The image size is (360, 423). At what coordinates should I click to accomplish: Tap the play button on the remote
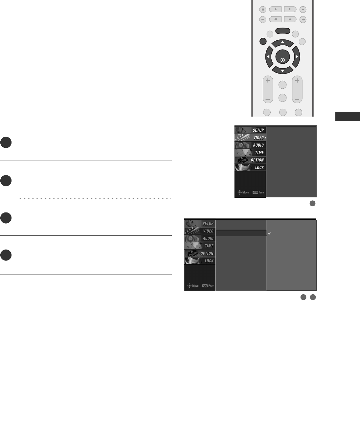pyautogui.click(x=276, y=10)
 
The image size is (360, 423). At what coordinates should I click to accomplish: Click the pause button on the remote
pyautogui.click(x=290, y=10)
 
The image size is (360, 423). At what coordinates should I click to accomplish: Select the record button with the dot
pyautogui.click(x=303, y=10)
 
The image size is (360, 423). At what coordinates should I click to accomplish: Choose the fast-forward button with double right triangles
pyautogui.click(x=290, y=19)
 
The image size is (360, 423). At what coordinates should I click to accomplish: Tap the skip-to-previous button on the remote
pyautogui.click(x=263, y=19)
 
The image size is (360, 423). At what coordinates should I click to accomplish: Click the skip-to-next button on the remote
pyautogui.click(x=303, y=19)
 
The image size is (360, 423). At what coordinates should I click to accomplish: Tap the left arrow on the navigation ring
pyautogui.click(x=268, y=57)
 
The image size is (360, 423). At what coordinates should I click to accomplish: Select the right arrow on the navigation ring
pyautogui.click(x=297, y=57)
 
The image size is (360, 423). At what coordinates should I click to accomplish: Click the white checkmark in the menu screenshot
pyautogui.click(x=269, y=233)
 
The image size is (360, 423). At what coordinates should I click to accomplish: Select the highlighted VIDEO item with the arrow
pyautogui.click(x=250, y=138)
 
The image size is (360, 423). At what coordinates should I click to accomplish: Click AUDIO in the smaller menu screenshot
pyautogui.click(x=250, y=145)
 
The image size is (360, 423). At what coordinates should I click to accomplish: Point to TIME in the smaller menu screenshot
pyautogui.click(x=250, y=152)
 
